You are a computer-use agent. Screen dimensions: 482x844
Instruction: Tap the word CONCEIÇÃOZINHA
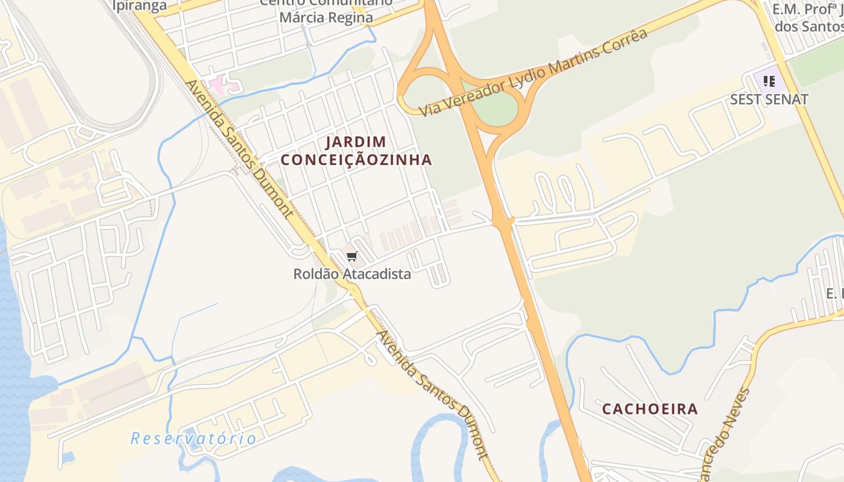(356, 160)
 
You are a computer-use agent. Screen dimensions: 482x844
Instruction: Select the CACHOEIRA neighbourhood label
(650, 409)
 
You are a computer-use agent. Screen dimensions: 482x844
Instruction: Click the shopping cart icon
(352, 257)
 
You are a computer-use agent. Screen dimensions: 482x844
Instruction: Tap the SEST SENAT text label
(769, 99)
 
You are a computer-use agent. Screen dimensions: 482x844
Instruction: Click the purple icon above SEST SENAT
(769, 81)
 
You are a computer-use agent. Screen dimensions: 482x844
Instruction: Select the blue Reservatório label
(193, 439)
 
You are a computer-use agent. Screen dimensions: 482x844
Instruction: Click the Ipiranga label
(139, 6)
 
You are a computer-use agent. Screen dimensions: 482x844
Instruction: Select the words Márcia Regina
(326, 17)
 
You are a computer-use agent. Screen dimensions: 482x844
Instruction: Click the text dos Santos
(808, 27)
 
